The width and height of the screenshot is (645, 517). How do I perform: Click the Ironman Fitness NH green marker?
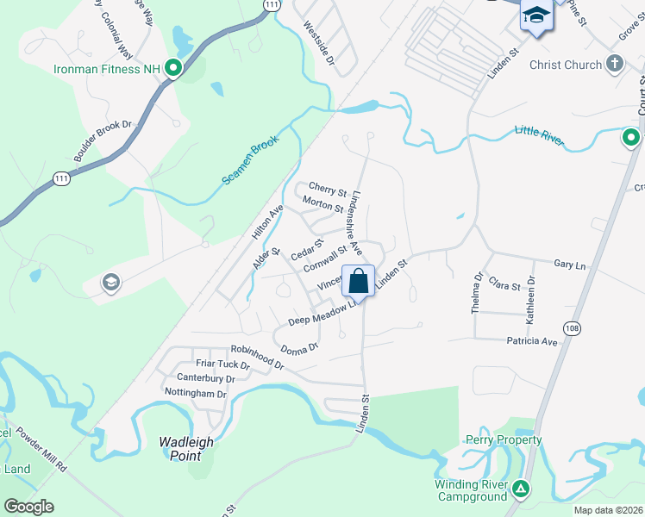pyautogui.click(x=173, y=68)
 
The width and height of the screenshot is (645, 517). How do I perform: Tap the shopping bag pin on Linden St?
pyautogui.click(x=359, y=280)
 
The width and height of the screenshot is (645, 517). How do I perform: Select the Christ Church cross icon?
pyautogui.click(x=614, y=64)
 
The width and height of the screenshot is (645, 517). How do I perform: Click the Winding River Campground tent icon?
pyautogui.click(x=520, y=489)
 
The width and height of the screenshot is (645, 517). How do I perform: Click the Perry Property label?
pyautogui.click(x=504, y=440)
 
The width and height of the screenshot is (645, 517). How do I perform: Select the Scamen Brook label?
pyautogui.click(x=252, y=163)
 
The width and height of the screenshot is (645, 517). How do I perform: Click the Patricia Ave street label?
pyautogui.click(x=532, y=341)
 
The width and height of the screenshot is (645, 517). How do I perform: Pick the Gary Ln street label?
pyautogui.click(x=569, y=265)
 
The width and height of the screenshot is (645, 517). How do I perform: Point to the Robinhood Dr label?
pyautogui.click(x=257, y=357)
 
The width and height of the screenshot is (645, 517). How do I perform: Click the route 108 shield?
pyautogui.click(x=572, y=328)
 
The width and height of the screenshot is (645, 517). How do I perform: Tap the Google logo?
pyautogui.click(x=28, y=507)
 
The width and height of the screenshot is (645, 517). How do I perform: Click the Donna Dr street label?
pyautogui.click(x=300, y=347)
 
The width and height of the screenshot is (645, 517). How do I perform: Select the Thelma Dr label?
pyautogui.click(x=477, y=293)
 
